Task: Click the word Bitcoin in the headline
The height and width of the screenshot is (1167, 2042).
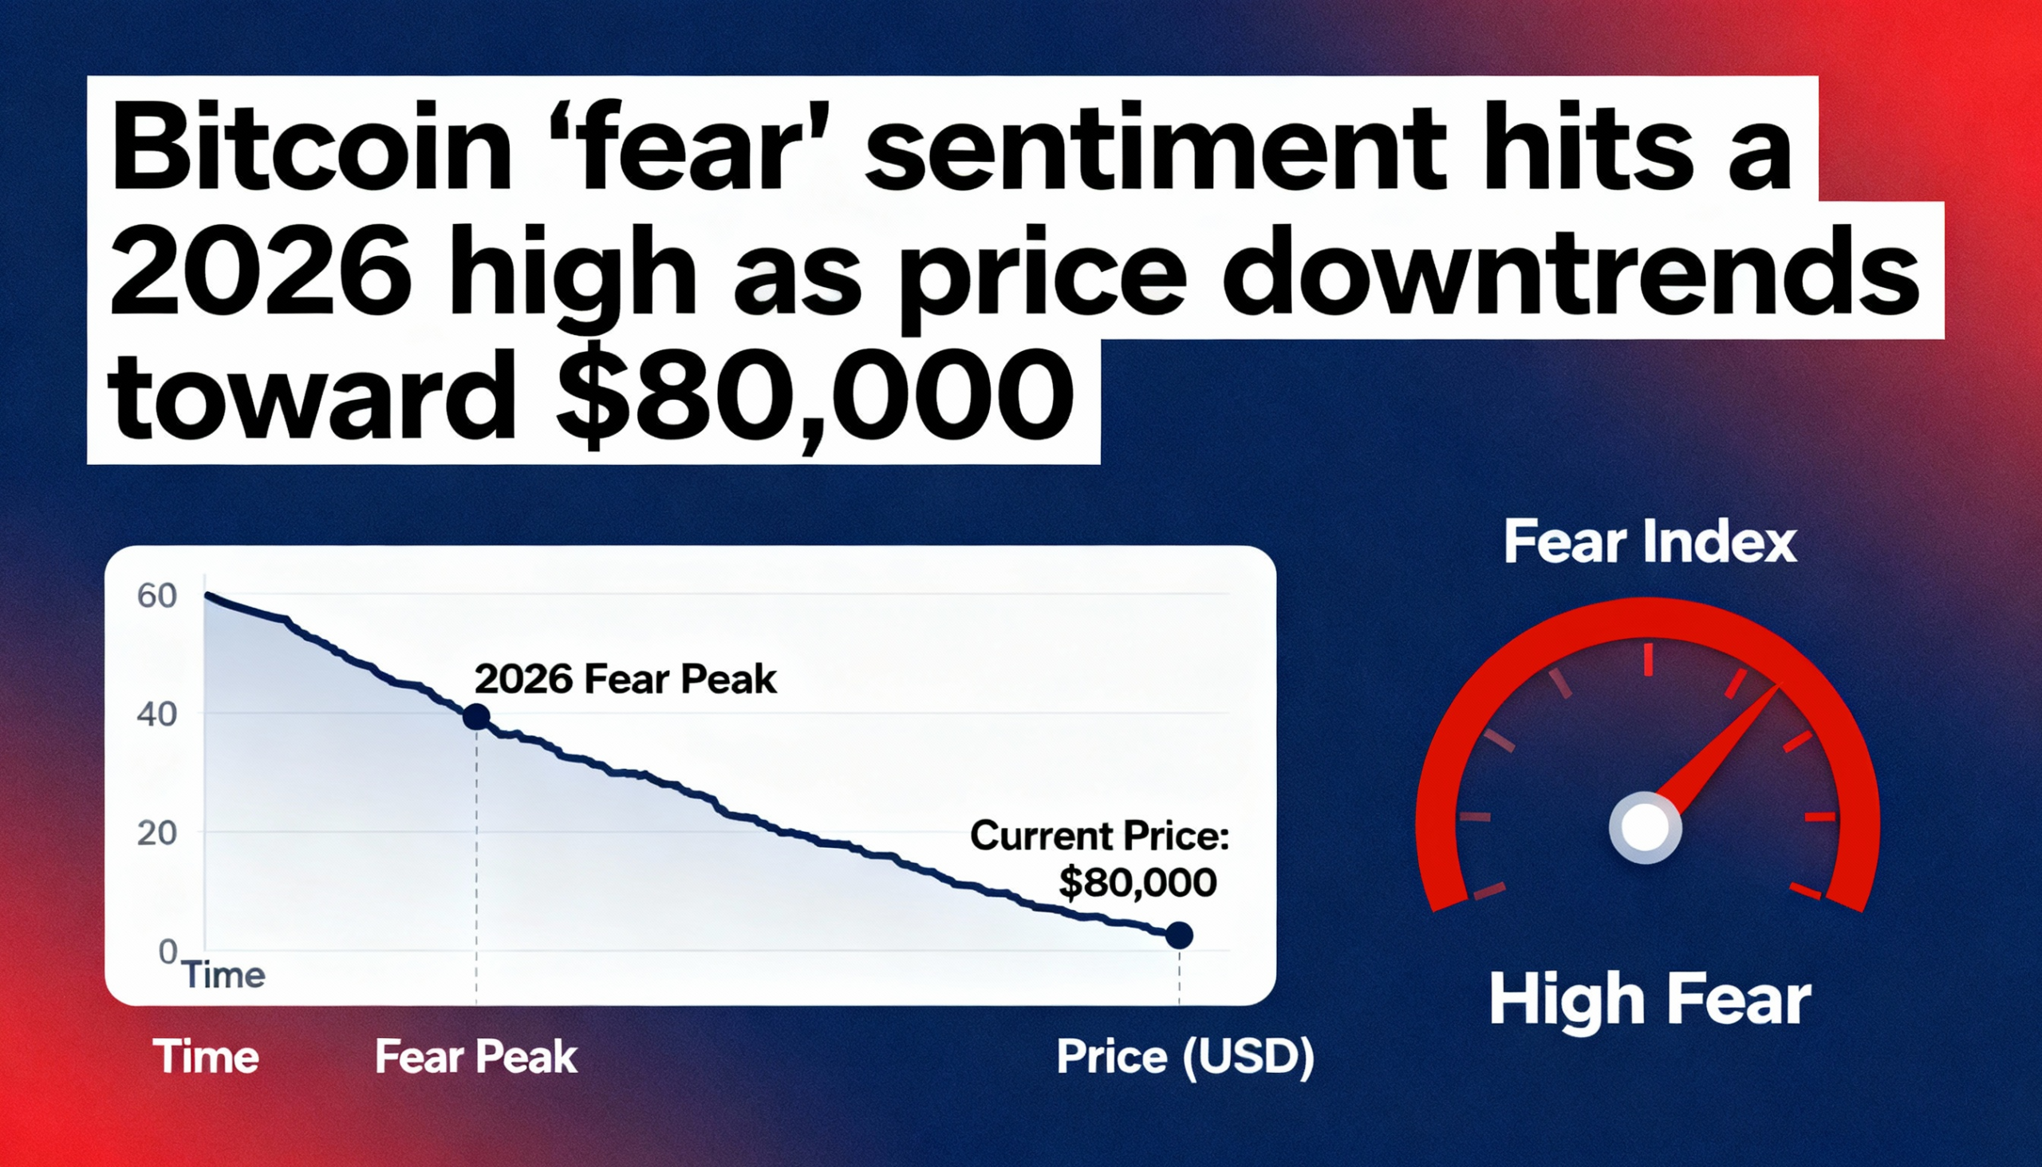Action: pyautogui.click(x=312, y=148)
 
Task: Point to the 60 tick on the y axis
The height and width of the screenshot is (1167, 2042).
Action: pyautogui.click(x=157, y=596)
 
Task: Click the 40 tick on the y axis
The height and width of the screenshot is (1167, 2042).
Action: pyautogui.click(x=157, y=714)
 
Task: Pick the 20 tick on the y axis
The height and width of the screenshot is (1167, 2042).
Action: pyautogui.click(x=157, y=834)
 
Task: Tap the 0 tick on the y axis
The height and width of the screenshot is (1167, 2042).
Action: pyautogui.click(x=168, y=952)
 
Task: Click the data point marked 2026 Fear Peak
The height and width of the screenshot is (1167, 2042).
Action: pyautogui.click(x=477, y=716)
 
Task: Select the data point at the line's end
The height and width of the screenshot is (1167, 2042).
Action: pyautogui.click(x=1179, y=936)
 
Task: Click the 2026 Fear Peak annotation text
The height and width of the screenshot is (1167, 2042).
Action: pyautogui.click(x=625, y=680)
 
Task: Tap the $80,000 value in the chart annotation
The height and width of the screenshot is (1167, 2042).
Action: pyautogui.click(x=1137, y=882)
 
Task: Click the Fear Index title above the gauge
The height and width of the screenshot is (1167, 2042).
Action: pyautogui.click(x=1650, y=542)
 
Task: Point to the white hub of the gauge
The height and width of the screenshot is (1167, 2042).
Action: pyautogui.click(x=1646, y=828)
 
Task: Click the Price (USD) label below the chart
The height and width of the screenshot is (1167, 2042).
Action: pyautogui.click(x=1185, y=1056)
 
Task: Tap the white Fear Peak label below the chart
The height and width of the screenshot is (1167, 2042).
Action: pyautogui.click(x=476, y=1056)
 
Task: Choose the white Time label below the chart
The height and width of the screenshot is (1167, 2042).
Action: pyautogui.click(x=206, y=1056)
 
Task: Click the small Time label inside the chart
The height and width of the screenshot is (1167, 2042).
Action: pyautogui.click(x=224, y=976)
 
